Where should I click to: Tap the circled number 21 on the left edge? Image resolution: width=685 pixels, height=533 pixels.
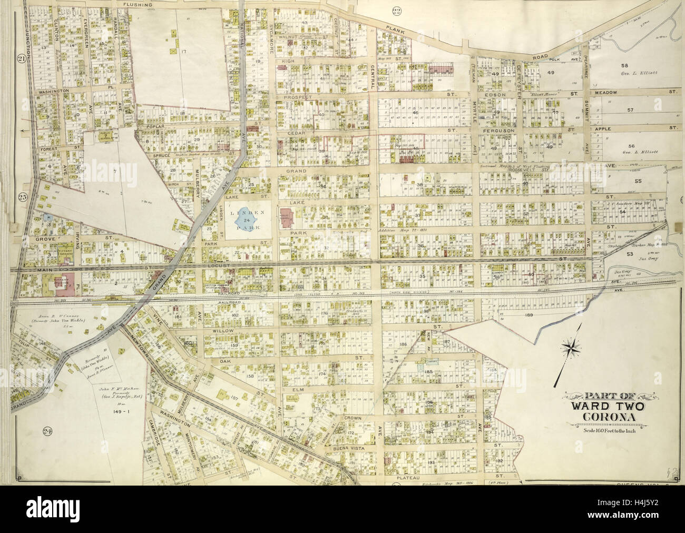(22, 58)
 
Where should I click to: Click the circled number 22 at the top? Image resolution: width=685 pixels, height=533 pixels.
(396, 9)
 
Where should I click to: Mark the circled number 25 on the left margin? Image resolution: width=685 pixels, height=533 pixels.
(22, 198)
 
